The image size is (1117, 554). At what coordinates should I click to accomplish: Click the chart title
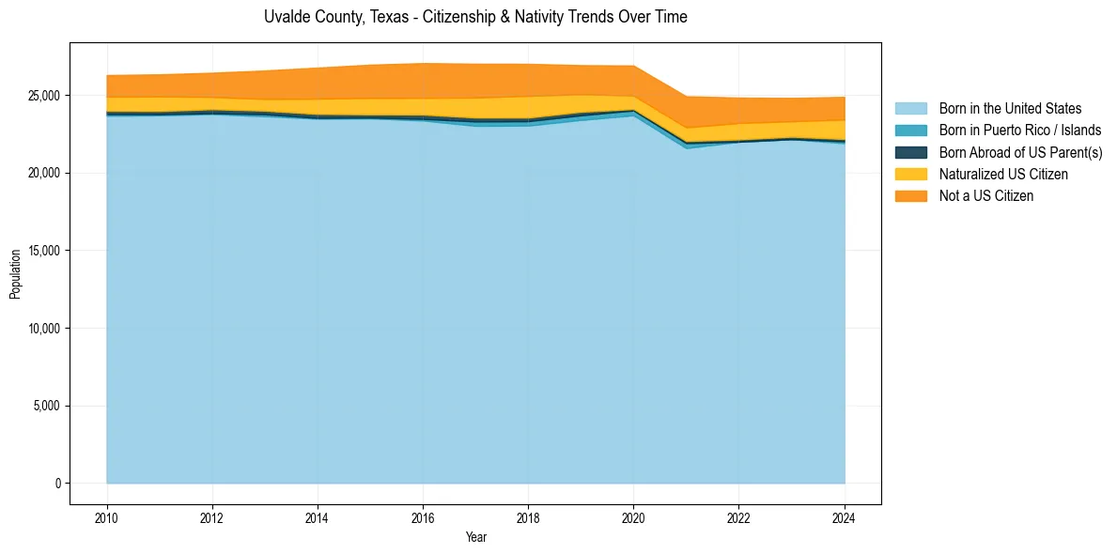click(475, 17)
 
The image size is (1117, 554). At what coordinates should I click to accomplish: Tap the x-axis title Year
click(475, 537)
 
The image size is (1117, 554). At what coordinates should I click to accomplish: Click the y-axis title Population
click(15, 274)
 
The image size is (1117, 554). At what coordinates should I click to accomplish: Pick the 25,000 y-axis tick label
click(45, 96)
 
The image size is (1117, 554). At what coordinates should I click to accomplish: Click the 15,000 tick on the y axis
click(45, 251)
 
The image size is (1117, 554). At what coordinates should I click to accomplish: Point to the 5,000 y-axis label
click(48, 406)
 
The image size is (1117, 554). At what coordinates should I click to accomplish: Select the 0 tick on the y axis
click(57, 484)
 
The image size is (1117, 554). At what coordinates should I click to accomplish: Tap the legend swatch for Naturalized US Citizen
click(910, 175)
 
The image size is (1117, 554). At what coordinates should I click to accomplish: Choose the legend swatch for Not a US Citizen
click(910, 196)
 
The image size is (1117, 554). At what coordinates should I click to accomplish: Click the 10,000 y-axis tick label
click(45, 329)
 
